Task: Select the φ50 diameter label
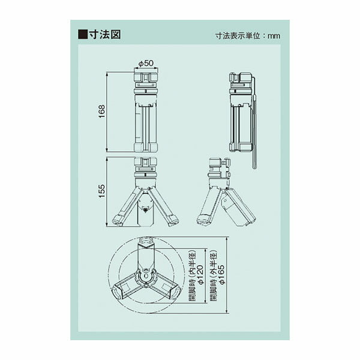click(146, 63)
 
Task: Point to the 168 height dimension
click(102, 112)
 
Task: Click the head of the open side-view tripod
click(218, 165)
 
